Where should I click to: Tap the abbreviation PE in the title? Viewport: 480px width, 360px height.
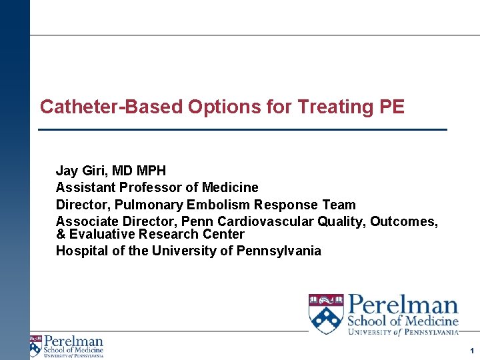pos(392,107)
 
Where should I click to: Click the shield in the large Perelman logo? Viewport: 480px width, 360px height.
pos(326,313)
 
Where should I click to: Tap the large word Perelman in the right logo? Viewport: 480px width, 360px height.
pos(403,306)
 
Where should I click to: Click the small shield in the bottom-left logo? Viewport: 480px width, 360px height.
pos(35,346)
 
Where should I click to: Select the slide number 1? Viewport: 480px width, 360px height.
pos(471,350)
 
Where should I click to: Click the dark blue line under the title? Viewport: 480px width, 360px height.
pos(243,129)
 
